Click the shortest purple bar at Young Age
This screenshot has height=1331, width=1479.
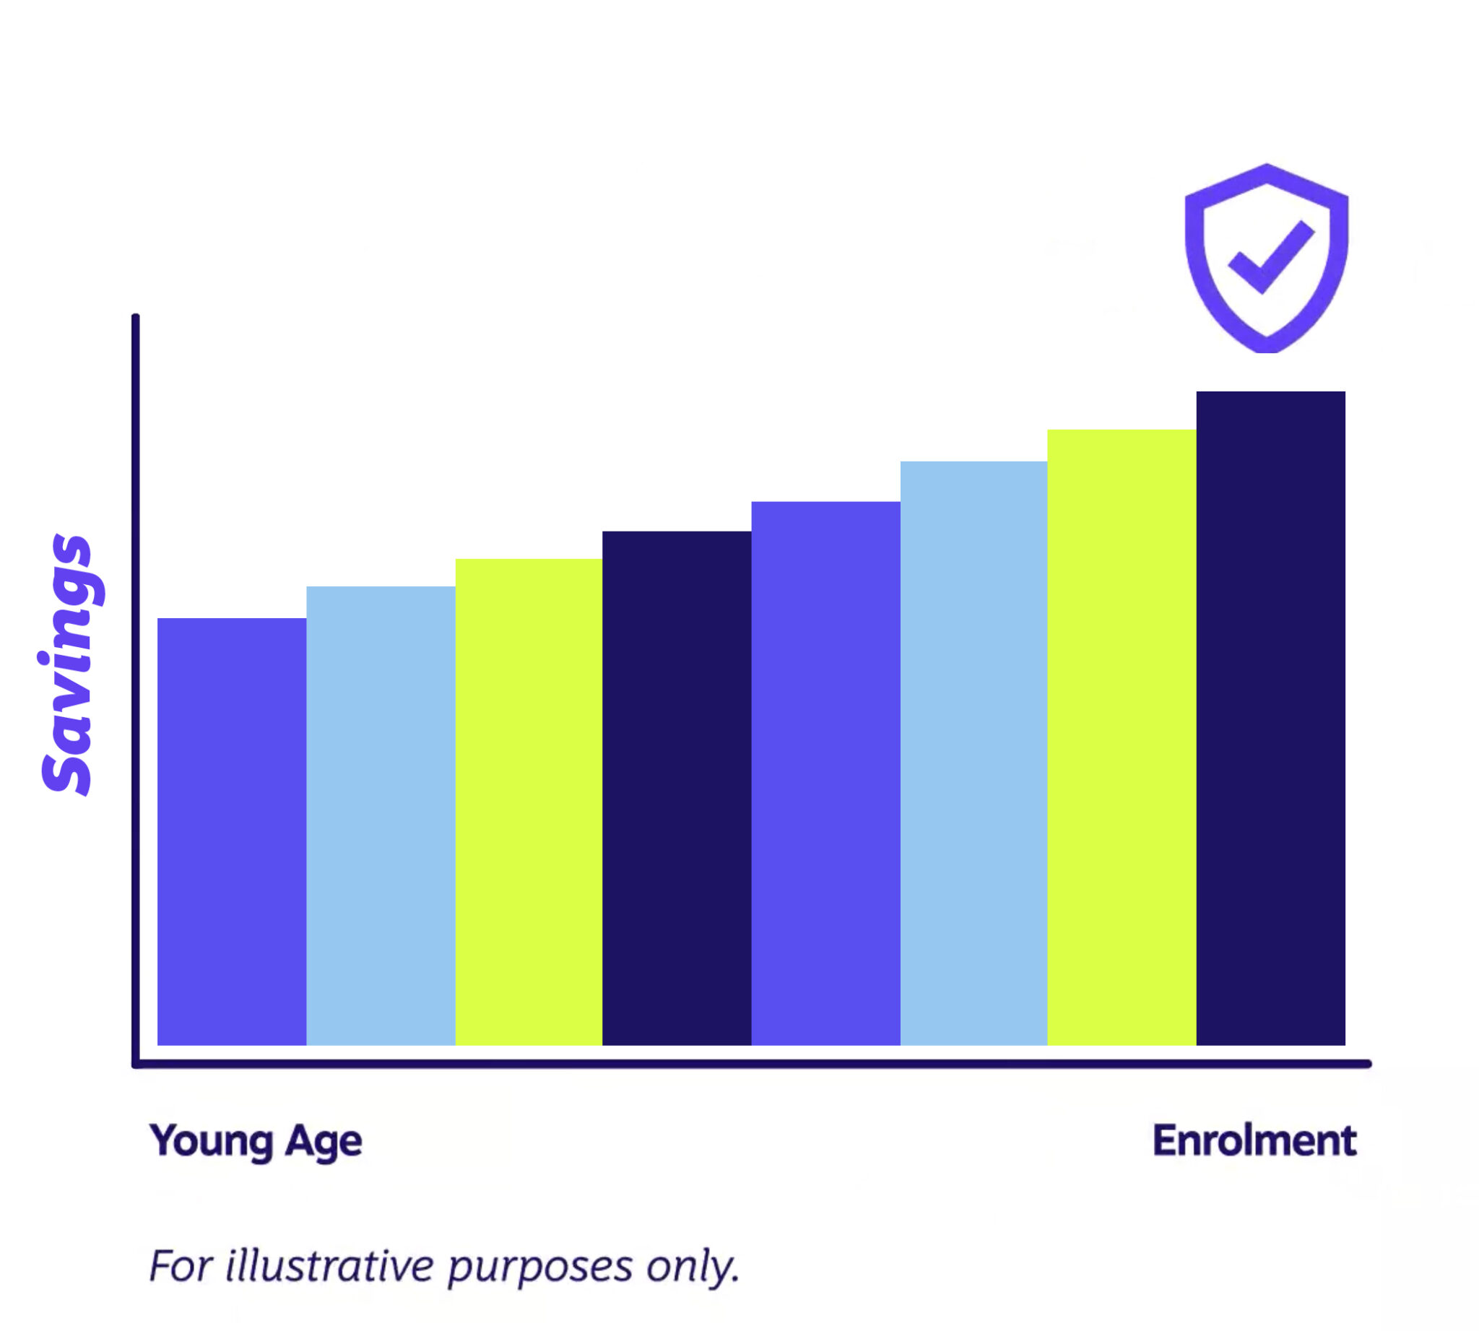pos(232,831)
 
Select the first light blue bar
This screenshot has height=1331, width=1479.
pos(381,815)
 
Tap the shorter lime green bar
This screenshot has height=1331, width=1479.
pos(529,802)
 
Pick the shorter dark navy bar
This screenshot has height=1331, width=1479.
pos(677,788)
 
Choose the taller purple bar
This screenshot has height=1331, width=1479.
pos(825,773)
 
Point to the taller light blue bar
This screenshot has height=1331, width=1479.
pos(973,753)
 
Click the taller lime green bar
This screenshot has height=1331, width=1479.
pos(1122,737)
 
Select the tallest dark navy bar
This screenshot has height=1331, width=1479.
pos(1270,718)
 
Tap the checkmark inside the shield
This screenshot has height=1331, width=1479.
pos(1270,257)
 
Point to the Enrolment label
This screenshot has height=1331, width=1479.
pos(1254,1140)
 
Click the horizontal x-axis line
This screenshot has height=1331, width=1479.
pos(732,1064)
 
